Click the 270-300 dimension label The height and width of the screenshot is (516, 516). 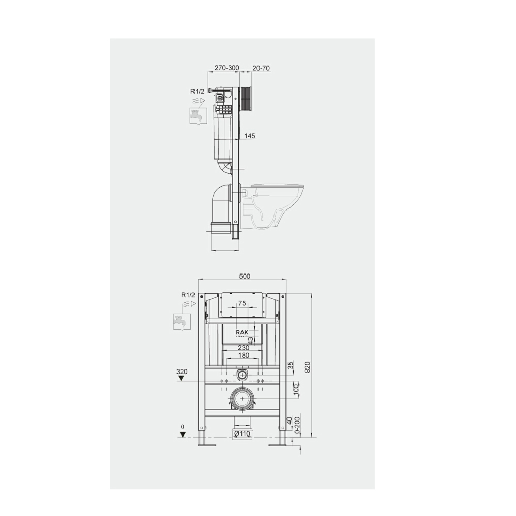(x=228, y=68)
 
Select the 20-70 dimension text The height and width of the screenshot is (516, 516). (x=261, y=68)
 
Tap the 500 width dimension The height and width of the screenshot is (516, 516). (x=244, y=276)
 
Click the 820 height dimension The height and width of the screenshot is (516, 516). (x=308, y=367)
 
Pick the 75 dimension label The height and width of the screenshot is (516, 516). (x=242, y=304)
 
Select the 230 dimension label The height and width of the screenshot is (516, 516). (x=244, y=348)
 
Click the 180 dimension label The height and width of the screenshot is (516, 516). (x=244, y=355)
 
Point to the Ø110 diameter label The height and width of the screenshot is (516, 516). (x=243, y=434)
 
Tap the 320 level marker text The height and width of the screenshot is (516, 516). (x=181, y=372)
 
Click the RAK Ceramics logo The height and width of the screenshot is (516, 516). (x=243, y=333)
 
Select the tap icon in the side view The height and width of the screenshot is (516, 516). (x=198, y=116)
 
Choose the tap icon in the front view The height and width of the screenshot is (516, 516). (x=182, y=321)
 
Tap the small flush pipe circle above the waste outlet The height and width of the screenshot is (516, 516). (x=242, y=374)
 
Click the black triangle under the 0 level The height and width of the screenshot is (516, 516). (x=182, y=434)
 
